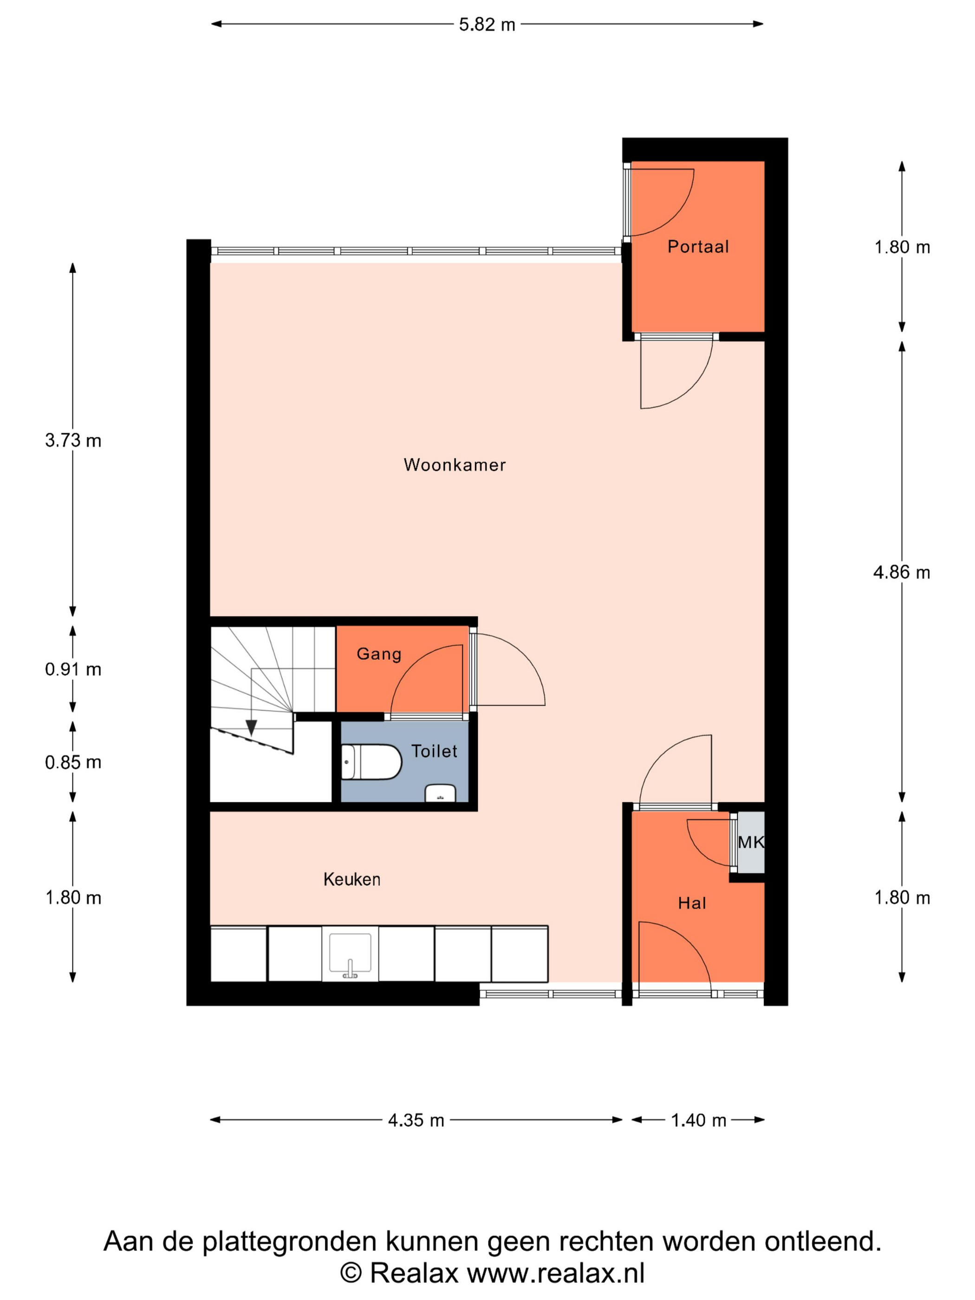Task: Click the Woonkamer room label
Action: [x=454, y=465]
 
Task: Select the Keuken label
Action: [x=351, y=879]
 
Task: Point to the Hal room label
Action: [x=692, y=903]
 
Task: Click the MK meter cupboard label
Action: [x=750, y=842]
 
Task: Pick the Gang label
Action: [x=379, y=654]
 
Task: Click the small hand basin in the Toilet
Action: [x=440, y=793]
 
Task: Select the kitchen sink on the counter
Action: [x=350, y=953]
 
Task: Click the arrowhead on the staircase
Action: [x=252, y=728]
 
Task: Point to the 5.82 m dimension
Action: [x=487, y=25]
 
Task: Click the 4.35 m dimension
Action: [x=416, y=1120]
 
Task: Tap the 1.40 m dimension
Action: [x=698, y=1120]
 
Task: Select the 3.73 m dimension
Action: [x=73, y=440]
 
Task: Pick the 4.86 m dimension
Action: [x=902, y=572]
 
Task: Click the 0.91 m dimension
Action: [x=73, y=669]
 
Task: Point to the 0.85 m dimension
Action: [x=73, y=762]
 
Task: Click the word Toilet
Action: [x=434, y=751]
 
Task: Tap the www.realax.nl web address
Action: [x=556, y=1273]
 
